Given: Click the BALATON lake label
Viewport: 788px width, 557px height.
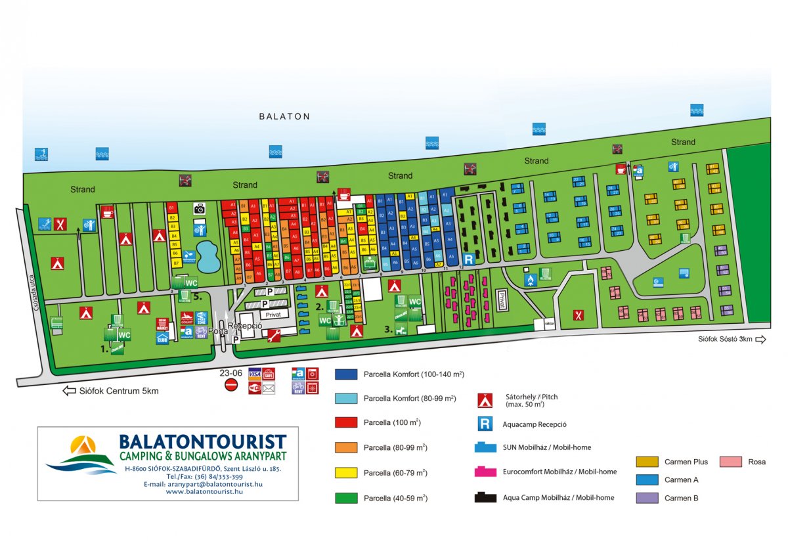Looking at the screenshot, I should click(x=284, y=116).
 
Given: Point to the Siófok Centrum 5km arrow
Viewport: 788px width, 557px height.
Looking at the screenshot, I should click(x=69, y=391).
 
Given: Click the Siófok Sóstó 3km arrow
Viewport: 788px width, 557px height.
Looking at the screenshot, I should click(x=760, y=339).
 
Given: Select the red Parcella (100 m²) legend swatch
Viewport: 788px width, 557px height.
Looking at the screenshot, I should click(x=346, y=422).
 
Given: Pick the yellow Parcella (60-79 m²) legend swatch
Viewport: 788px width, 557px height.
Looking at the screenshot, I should click(x=346, y=473).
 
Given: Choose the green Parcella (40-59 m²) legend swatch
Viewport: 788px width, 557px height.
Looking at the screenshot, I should click(x=346, y=498).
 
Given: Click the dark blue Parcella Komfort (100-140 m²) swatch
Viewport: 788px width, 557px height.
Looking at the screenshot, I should click(x=346, y=374).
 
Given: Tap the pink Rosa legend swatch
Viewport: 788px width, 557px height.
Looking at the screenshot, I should click(x=731, y=462).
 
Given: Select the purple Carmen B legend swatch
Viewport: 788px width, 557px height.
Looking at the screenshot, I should click(x=647, y=498).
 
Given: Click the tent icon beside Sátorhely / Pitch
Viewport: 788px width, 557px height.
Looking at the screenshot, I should click(x=485, y=399).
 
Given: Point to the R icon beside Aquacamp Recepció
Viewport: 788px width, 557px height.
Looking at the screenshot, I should click(x=485, y=424).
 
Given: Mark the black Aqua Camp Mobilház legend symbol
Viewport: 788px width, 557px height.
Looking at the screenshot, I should click(x=485, y=497).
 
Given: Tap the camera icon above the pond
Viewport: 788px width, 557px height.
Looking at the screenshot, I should click(x=200, y=208).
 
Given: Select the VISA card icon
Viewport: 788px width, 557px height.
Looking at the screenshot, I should click(x=255, y=374).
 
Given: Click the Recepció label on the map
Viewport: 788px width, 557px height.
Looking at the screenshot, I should click(x=245, y=326).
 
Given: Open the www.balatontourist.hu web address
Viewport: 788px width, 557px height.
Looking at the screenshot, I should click(x=204, y=491).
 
